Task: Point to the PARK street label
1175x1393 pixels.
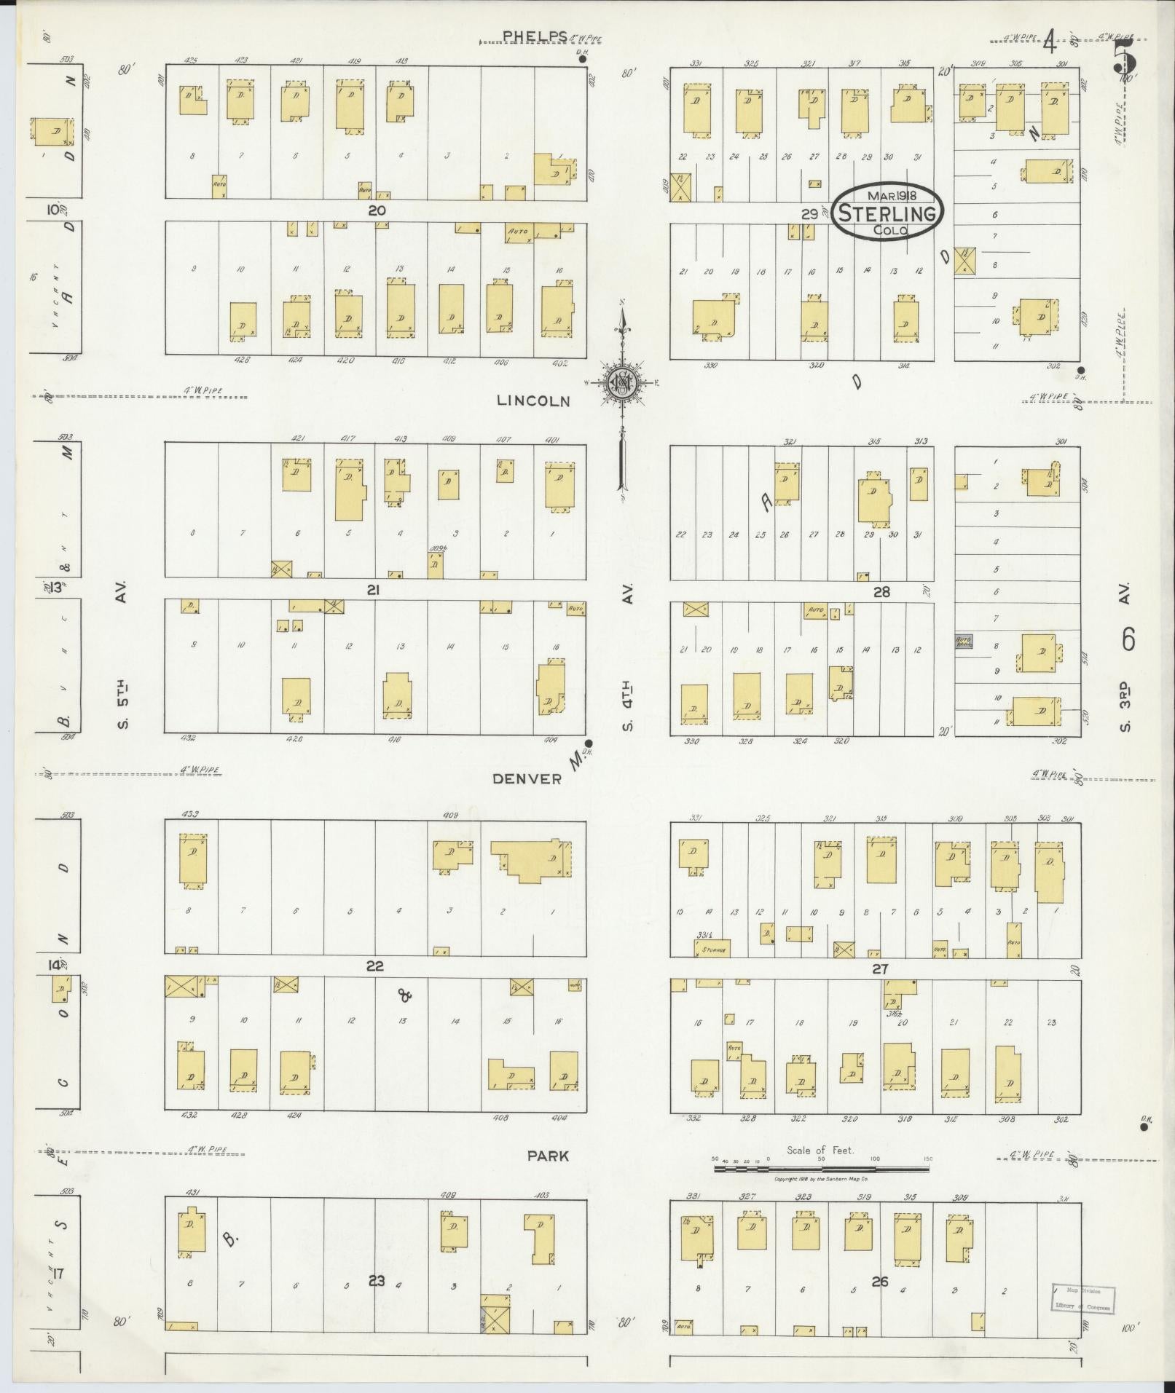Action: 549,1156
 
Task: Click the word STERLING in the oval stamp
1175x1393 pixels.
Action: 887,213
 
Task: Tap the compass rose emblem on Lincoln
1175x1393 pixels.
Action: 622,382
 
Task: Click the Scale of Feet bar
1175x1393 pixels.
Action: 821,1169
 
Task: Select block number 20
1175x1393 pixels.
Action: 376,210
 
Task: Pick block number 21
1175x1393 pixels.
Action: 374,591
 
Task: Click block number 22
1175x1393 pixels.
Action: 375,966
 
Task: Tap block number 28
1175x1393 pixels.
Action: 881,592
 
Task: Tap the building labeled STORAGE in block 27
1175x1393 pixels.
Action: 712,948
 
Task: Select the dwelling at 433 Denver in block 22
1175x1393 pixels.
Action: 193,861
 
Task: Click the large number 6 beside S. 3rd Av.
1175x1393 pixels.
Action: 1128,639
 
